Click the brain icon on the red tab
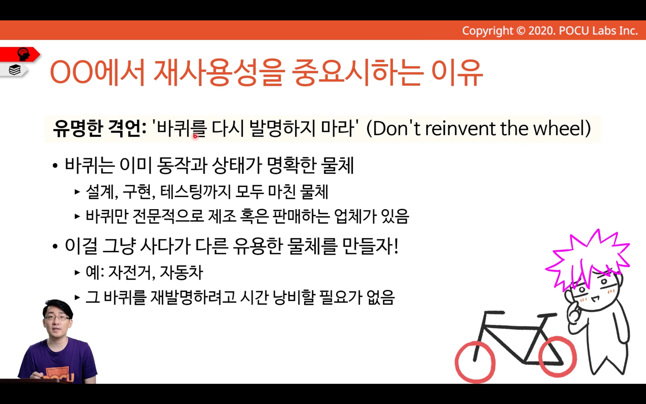point(23,54)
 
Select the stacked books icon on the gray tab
point(15,70)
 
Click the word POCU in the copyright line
point(574,31)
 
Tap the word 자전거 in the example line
point(131,272)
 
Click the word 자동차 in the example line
point(182,272)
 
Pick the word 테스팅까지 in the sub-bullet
point(196,192)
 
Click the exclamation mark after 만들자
point(396,246)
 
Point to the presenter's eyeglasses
point(58,318)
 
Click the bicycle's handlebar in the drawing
point(494,313)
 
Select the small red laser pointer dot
point(195,136)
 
